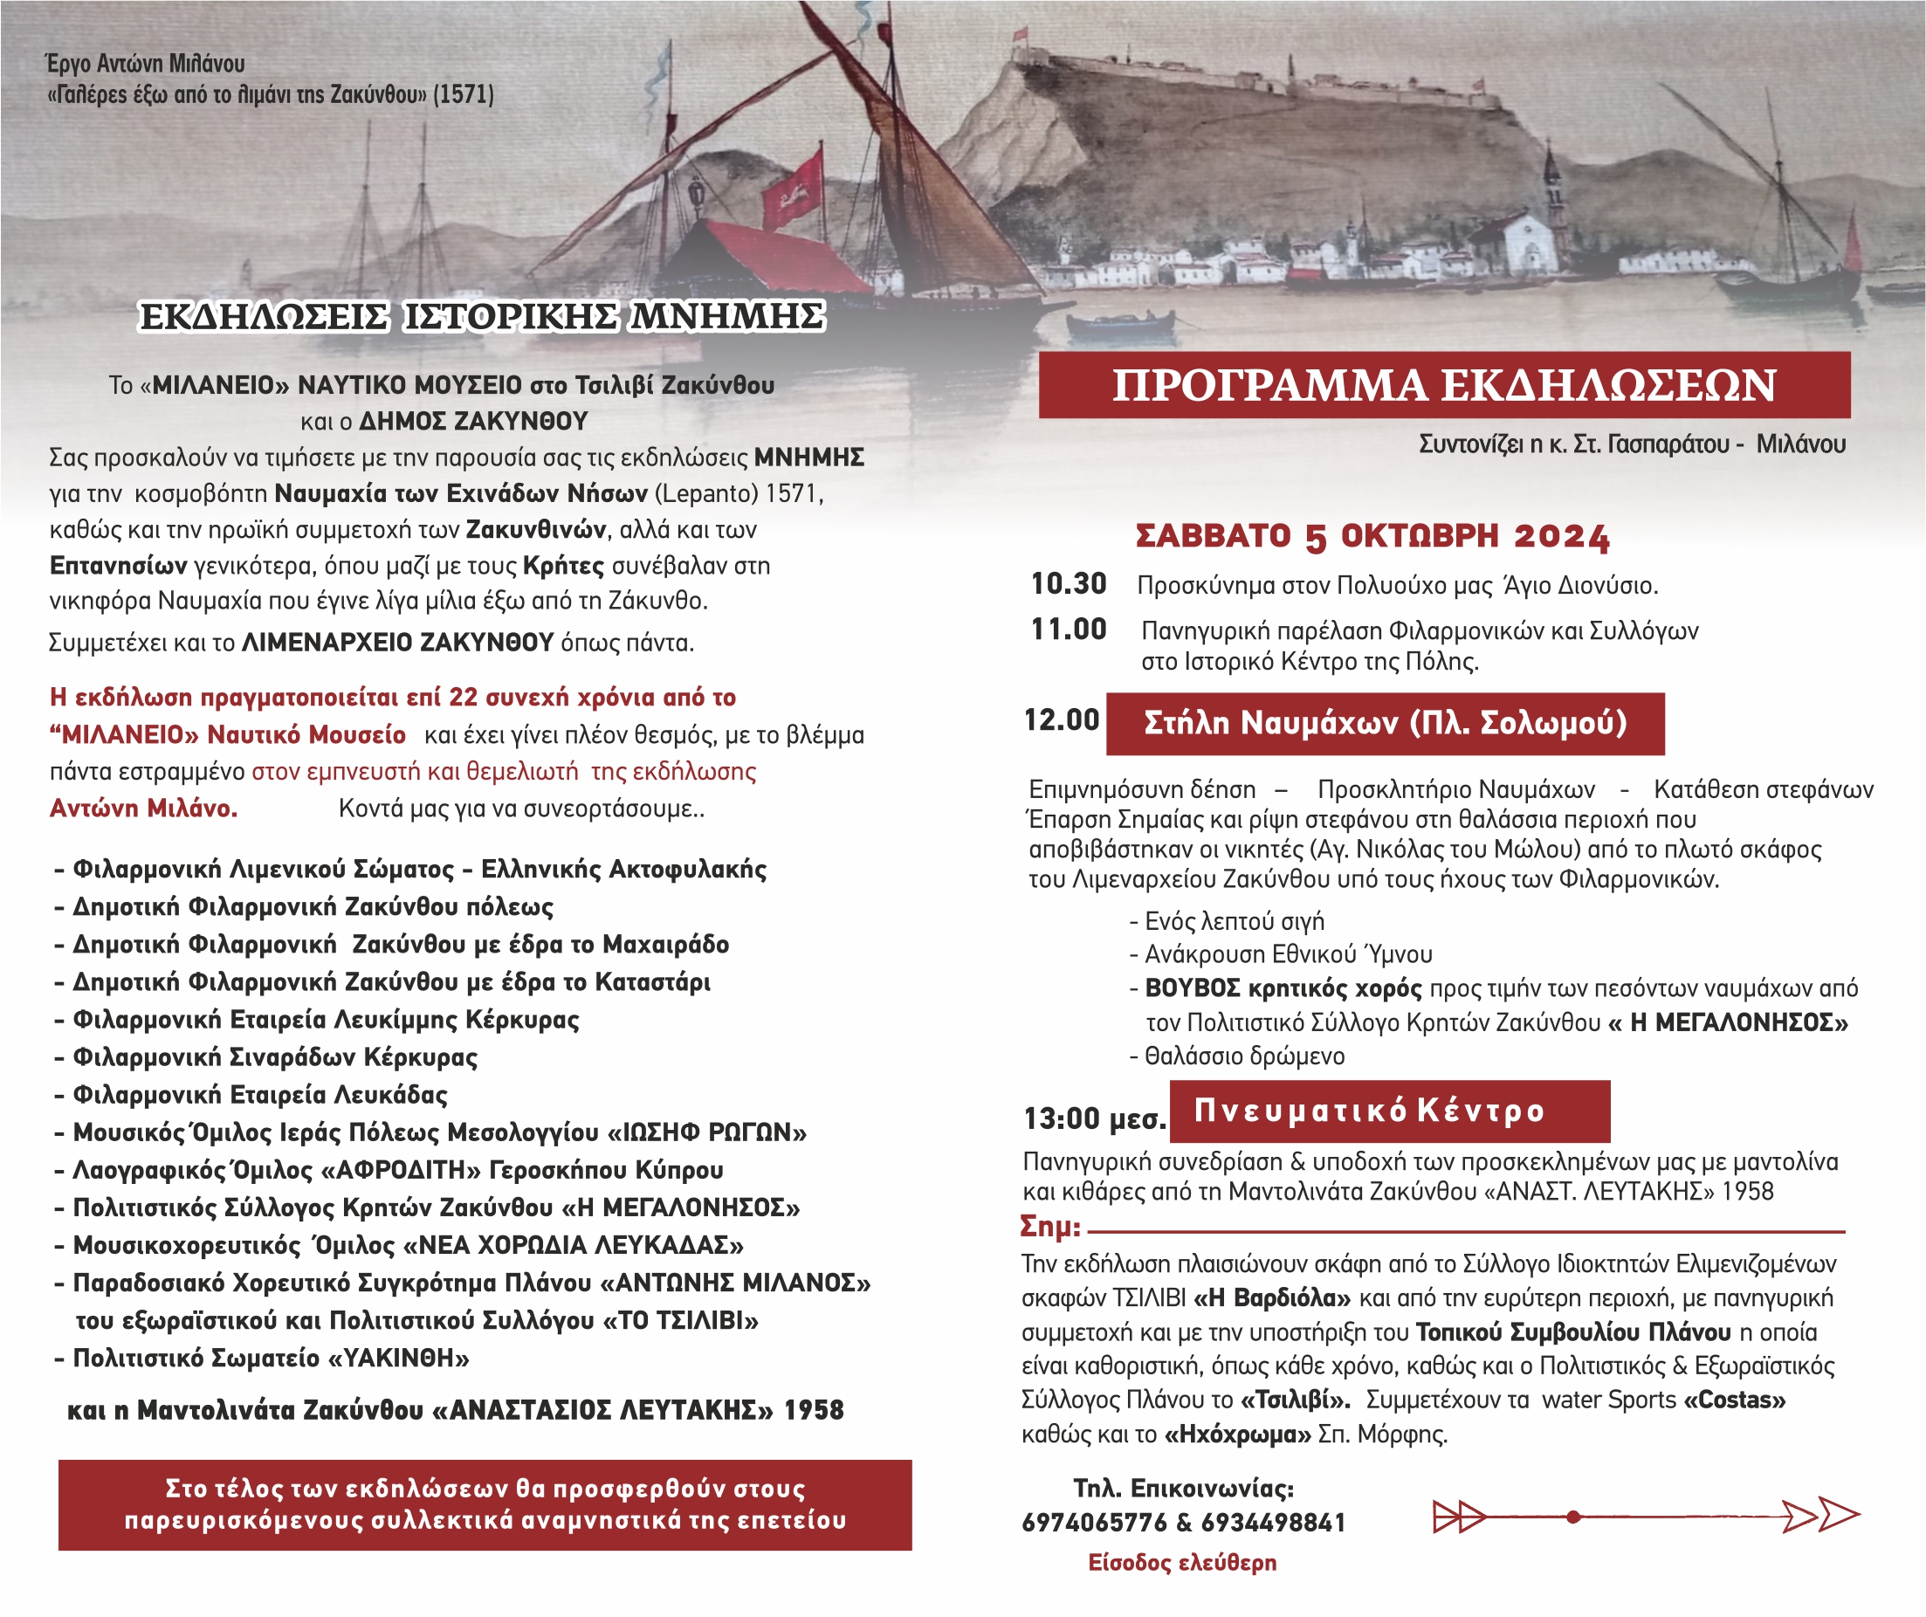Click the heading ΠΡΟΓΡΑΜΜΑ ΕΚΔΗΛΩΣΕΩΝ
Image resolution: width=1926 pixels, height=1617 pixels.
1443,385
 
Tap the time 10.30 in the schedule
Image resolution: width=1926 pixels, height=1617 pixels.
1069,583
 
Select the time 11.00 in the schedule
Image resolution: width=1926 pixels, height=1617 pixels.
1069,630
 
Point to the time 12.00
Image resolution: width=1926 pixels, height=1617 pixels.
1061,720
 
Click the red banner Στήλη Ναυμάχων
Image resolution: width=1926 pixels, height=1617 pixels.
1385,724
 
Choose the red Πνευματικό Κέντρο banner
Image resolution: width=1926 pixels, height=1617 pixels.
1389,1111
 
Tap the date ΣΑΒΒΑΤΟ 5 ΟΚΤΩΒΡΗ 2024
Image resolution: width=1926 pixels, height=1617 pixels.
1372,537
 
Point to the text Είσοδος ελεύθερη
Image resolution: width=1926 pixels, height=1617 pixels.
1182,1563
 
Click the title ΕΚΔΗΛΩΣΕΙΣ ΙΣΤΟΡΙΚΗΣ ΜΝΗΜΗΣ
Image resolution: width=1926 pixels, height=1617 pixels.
482,316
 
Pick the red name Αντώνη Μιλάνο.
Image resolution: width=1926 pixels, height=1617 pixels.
144,808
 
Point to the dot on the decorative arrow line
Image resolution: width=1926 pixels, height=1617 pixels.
1574,1517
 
